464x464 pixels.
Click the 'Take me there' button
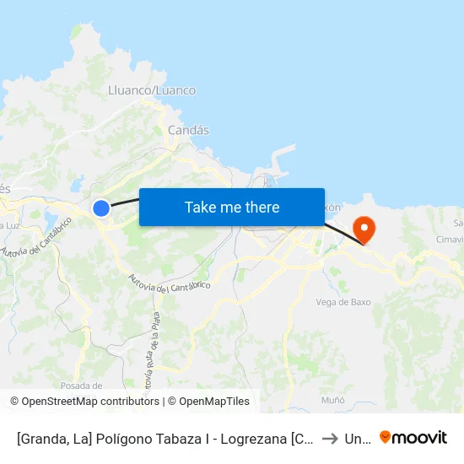[232, 207]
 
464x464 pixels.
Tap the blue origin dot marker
[101, 208]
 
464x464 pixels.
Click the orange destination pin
[364, 228]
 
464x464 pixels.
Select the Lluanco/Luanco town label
[152, 90]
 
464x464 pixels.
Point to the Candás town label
[188, 130]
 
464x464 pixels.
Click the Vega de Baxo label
[343, 302]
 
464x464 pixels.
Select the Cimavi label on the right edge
[452, 240]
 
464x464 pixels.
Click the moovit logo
[413, 437]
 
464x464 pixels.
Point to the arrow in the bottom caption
[329, 438]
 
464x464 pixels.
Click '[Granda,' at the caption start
[41, 438]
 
